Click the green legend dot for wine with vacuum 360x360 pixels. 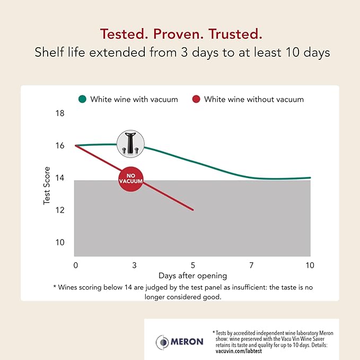(x=82, y=99)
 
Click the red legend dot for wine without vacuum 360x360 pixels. (x=196, y=99)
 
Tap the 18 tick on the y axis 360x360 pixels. (x=60, y=113)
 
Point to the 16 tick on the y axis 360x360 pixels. (x=60, y=146)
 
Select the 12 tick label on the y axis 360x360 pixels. (x=60, y=210)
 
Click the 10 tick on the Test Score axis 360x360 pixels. (x=60, y=242)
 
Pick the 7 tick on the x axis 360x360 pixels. (x=251, y=265)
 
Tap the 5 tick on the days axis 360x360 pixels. (x=193, y=265)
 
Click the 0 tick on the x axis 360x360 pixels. (x=76, y=265)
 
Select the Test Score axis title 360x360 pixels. (x=47, y=178)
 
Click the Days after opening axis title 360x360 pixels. (x=192, y=276)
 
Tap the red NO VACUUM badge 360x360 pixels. (x=131, y=181)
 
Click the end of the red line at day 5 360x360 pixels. (x=193, y=210)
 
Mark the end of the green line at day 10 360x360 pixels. (x=310, y=178)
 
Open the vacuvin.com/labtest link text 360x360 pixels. (x=236, y=351)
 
